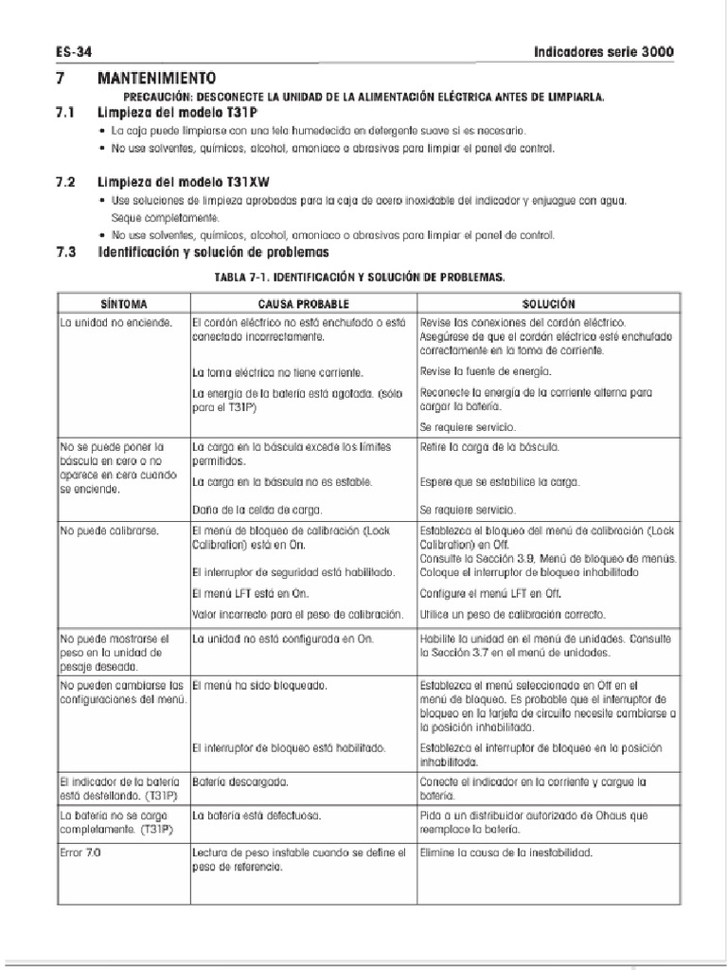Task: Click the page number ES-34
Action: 72,52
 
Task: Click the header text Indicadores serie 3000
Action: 604,52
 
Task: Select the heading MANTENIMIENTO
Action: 156,78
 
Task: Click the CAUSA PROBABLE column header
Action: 303,304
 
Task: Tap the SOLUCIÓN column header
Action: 548,304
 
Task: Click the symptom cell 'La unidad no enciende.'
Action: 116,323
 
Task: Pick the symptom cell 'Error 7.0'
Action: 80,853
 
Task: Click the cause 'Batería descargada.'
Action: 239,782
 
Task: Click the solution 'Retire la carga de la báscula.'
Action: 491,446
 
